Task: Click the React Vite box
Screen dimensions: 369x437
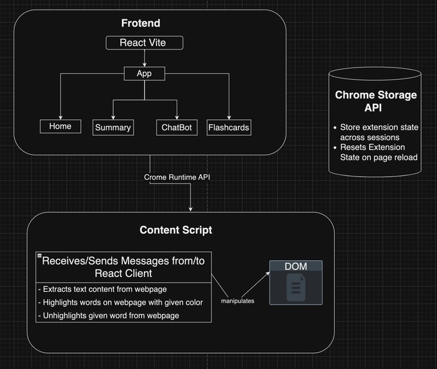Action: (x=145, y=43)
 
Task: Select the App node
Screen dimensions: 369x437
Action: (x=144, y=74)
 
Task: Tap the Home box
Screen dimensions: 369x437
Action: (x=60, y=126)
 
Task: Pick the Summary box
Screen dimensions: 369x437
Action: (x=113, y=128)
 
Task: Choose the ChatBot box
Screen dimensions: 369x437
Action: (x=176, y=128)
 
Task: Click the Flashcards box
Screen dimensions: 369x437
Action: (x=229, y=128)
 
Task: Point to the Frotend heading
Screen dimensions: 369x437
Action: (x=141, y=24)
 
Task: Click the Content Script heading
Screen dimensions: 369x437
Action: (x=175, y=230)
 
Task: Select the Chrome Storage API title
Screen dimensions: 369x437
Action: (x=376, y=101)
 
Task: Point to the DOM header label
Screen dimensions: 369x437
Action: (x=296, y=267)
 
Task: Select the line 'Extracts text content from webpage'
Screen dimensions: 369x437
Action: (x=102, y=289)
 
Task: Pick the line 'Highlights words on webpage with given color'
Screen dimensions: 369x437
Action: (x=121, y=302)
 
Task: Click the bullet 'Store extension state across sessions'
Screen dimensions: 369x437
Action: (x=379, y=132)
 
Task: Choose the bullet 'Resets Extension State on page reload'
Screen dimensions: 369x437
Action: (x=379, y=152)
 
